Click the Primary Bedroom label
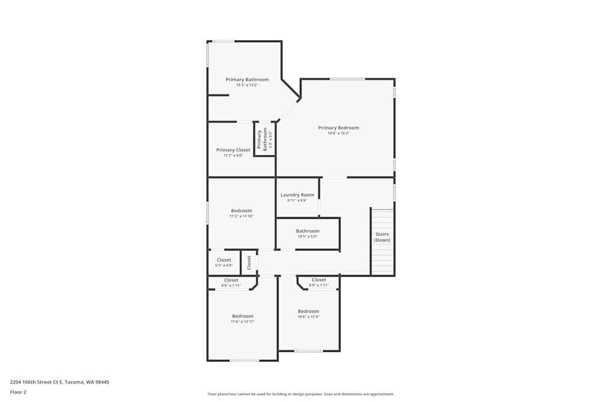(338, 128)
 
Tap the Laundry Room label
(297, 195)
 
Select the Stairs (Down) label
(382, 237)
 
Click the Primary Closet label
(233, 150)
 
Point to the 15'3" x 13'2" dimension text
(247, 85)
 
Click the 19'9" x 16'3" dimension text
(338, 133)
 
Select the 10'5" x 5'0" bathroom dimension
(307, 236)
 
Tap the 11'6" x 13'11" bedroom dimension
(243, 322)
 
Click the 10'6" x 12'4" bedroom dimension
(308, 317)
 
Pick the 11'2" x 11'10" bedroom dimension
(241, 216)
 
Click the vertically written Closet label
(249, 262)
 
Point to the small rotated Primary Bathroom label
(264, 139)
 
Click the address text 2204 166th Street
(60, 382)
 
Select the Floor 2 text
(18, 392)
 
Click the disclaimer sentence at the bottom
(301, 394)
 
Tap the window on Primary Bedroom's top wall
(347, 79)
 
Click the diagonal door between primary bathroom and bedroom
(288, 110)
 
